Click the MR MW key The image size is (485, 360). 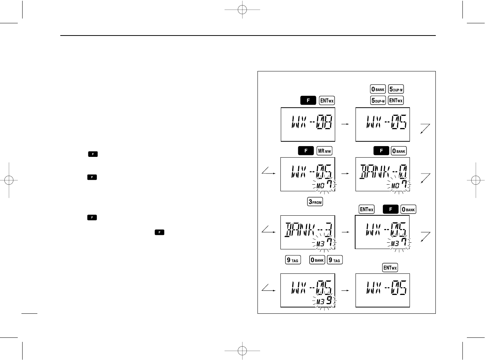(x=324, y=151)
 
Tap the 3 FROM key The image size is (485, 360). (x=315, y=202)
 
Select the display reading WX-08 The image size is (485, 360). (x=308, y=124)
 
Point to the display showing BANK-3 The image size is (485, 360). (x=308, y=232)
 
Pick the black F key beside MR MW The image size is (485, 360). (x=306, y=151)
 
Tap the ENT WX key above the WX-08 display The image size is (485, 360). (x=327, y=101)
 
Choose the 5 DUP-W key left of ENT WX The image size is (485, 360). (x=378, y=100)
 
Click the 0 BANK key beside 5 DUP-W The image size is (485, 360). (x=378, y=89)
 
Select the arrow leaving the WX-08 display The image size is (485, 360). (x=345, y=124)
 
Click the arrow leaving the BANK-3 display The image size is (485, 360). (x=345, y=232)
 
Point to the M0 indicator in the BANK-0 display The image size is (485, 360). (x=395, y=186)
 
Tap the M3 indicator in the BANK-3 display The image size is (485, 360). (x=320, y=244)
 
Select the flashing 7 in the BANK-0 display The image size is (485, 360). (x=404, y=184)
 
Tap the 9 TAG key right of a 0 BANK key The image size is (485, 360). (x=335, y=260)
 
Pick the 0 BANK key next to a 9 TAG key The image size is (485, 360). (x=317, y=260)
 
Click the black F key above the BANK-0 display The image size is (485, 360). (x=381, y=151)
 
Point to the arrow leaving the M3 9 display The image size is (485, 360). (x=345, y=290)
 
